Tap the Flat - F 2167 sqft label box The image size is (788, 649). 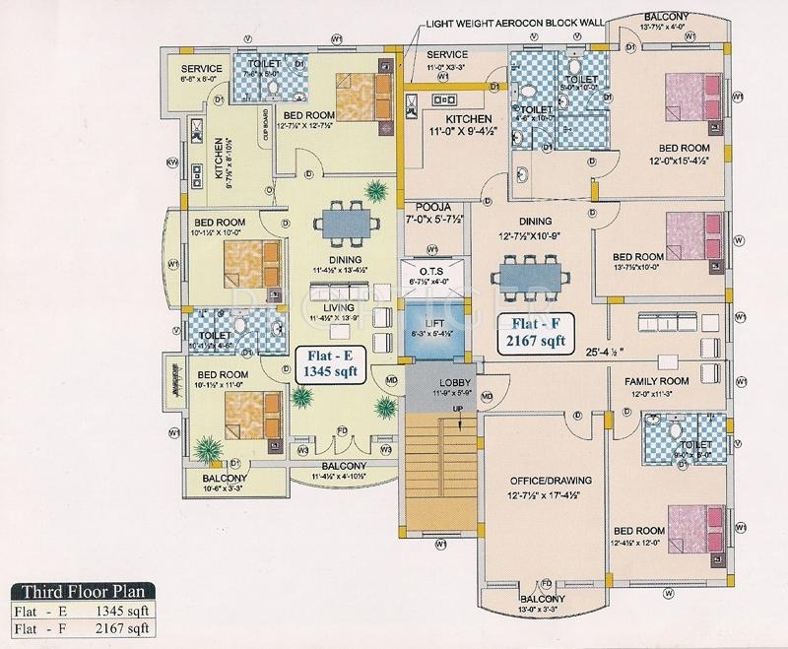click(534, 330)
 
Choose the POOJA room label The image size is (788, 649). click(433, 208)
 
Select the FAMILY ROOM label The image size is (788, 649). click(654, 378)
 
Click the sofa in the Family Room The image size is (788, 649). click(674, 321)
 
